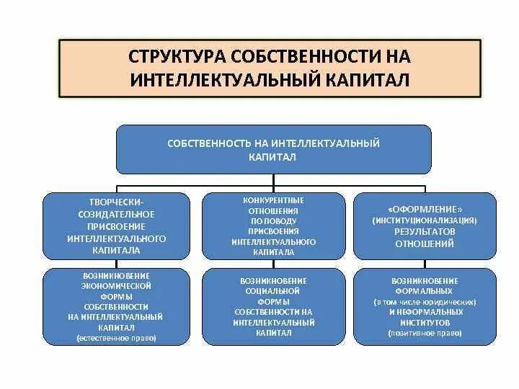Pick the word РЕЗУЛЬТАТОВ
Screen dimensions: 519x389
pos(425,232)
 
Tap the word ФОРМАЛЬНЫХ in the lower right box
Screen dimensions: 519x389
pos(425,290)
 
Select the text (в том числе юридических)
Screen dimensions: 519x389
pos(425,301)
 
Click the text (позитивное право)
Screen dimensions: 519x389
pos(425,334)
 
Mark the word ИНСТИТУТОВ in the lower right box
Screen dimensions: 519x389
pos(425,323)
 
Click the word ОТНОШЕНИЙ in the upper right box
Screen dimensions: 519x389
pos(425,244)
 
